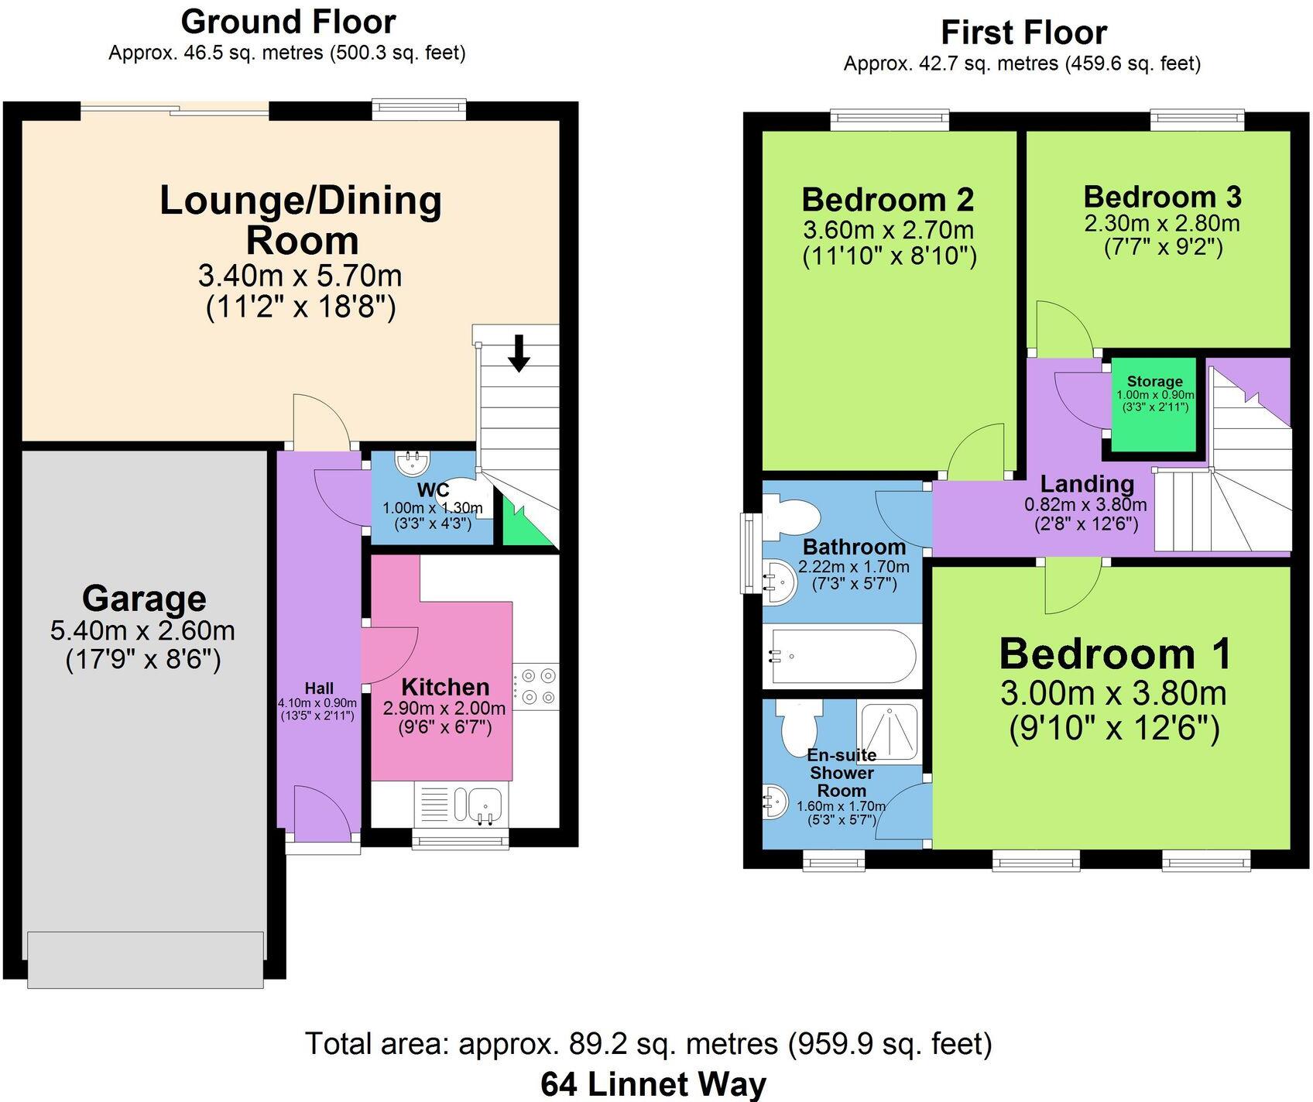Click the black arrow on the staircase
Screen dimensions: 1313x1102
click(519, 353)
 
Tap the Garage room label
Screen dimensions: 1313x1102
click(144, 599)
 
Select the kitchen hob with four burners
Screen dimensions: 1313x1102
click(536, 686)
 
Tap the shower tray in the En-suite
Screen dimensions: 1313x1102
click(889, 731)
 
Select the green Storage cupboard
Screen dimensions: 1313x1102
click(1154, 405)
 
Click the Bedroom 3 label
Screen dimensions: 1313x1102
click(1162, 197)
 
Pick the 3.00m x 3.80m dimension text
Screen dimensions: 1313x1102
click(1113, 693)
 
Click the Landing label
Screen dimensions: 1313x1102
click(1087, 484)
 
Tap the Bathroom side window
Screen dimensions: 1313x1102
click(749, 553)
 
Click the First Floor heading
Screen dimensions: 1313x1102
click(1023, 33)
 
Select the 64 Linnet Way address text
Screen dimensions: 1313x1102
click(653, 1084)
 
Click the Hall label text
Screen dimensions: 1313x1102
click(319, 688)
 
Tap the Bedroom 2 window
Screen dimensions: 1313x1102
click(890, 119)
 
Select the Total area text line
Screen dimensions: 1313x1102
click(649, 1044)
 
